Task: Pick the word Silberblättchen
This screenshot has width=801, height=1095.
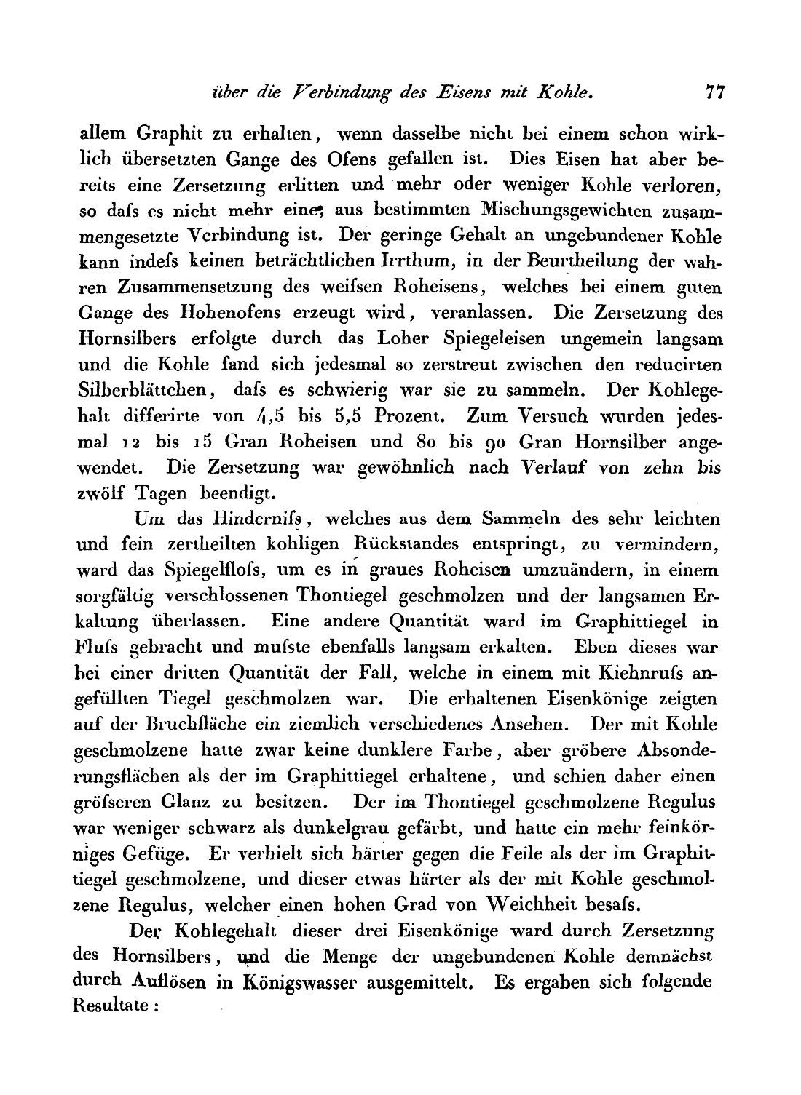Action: tap(141, 389)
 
